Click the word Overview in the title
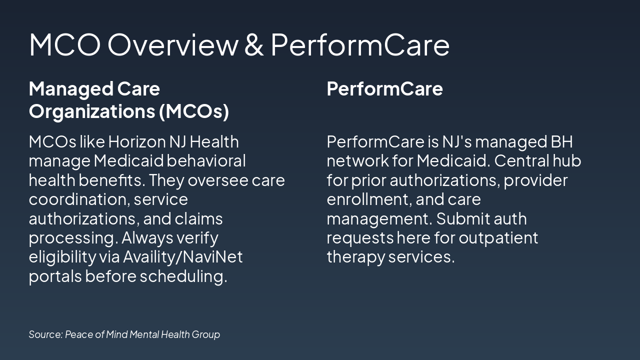click(172, 44)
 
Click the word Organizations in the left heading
click(91, 111)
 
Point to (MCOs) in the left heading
click(194, 111)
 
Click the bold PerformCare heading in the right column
click(384, 89)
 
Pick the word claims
click(198, 218)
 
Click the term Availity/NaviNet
click(182, 257)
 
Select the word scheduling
click(183, 276)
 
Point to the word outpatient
click(498, 237)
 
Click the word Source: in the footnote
click(45, 334)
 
